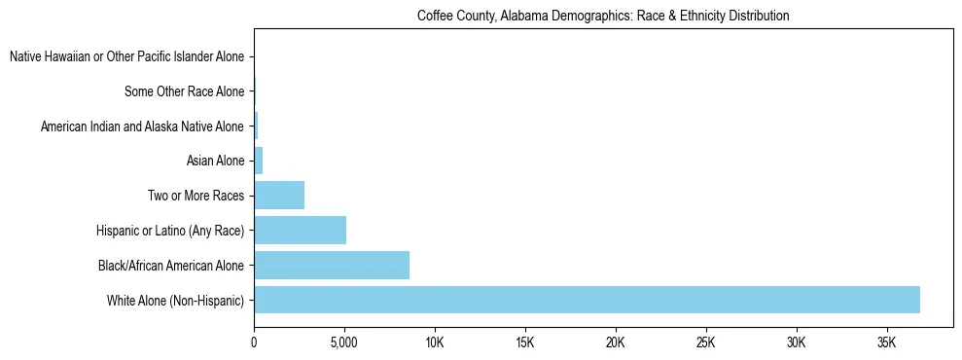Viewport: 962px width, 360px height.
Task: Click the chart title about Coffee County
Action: coord(603,16)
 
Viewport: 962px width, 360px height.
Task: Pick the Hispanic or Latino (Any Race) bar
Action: coord(300,230)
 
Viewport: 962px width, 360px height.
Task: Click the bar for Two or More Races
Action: coord(279,195)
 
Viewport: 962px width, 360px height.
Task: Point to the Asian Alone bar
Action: coord(259,161)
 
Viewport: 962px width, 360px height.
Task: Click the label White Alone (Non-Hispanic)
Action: coord(175,300)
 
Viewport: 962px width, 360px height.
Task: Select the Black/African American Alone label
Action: coord(170,265)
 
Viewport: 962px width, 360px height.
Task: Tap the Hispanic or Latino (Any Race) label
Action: coord(170,231)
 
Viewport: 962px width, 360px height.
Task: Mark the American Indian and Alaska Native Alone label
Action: coord(142,126)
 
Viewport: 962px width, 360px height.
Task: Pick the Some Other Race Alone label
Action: coord(184,91)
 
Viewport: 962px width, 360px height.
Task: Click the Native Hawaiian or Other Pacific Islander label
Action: coord(126,57)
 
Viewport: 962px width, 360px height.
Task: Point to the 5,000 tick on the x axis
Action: coord(344,343)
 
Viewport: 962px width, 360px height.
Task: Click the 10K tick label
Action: coord(435,343)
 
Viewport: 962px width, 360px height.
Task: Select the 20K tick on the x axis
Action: coord(616,343)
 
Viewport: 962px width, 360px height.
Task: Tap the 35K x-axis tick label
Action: coord(887,343)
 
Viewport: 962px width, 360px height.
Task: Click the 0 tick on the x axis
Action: coord(254,343)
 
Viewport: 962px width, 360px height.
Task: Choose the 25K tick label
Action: coord(706,343)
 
